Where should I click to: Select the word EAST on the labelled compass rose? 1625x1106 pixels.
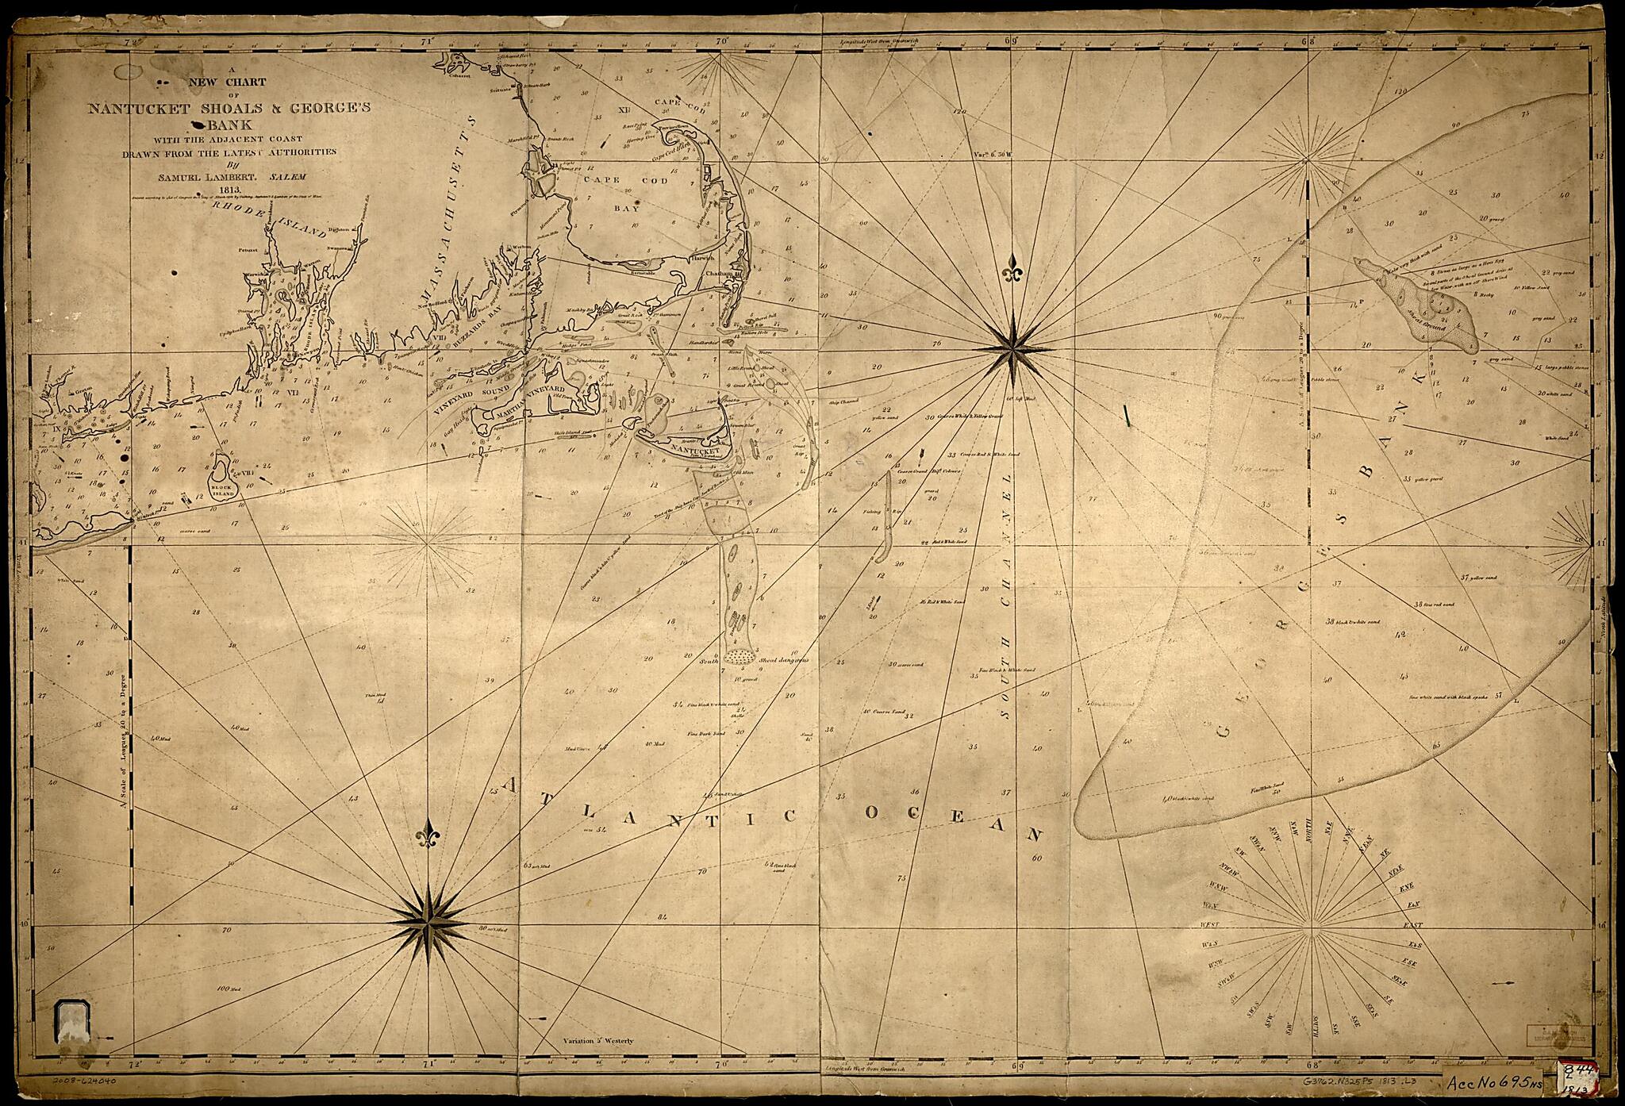coord(1412,926)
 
